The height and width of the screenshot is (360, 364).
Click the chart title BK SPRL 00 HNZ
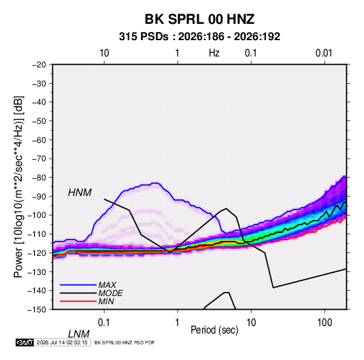point(199,19)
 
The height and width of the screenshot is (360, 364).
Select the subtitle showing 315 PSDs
point(199,37)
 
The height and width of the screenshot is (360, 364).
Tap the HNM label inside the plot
point(80,193)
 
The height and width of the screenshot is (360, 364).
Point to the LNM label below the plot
point(78,334)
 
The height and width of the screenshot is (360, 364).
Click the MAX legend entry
point(107,284)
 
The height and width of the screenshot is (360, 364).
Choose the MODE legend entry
point(110,293)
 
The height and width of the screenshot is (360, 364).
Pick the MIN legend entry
point(106,301)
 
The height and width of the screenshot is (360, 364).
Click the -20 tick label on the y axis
point(39,65)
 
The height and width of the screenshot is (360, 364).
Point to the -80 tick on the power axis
point(39,178)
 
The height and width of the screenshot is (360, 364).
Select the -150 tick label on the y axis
point(37,310)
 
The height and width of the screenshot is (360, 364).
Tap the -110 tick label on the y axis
point(37,234)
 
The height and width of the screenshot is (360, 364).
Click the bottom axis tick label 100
point(325,323)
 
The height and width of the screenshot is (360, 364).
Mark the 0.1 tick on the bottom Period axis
point(104,323)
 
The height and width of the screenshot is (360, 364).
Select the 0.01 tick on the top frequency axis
point(324,53)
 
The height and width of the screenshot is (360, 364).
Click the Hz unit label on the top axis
point(214,53)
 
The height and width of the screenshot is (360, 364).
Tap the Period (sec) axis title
point(214,330)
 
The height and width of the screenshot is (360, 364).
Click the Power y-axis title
point(18,186)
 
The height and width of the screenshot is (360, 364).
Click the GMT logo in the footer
point(25,342)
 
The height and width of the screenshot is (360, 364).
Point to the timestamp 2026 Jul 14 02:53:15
point(62,342)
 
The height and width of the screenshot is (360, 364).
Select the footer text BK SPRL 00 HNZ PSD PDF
point(125,342)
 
